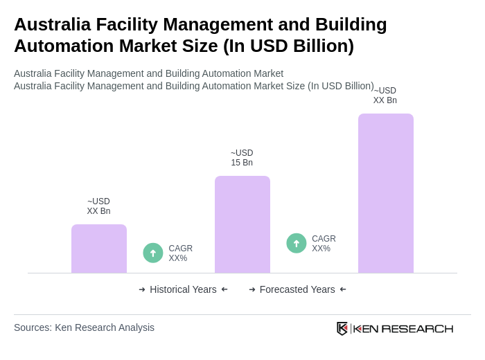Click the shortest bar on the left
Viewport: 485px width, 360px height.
click(99, 249)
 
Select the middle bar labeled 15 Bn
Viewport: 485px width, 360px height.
click(242, 224)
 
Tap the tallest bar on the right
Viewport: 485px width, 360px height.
click(385, 193)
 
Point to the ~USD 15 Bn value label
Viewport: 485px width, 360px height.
click(242, 158)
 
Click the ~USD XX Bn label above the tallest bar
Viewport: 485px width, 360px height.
click(385, 96)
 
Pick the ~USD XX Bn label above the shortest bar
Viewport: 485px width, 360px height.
click(98, 206)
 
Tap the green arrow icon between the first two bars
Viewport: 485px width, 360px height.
click(153, 253)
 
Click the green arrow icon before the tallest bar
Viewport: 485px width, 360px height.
click(297, 243)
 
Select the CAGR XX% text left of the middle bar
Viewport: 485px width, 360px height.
click(180, 253)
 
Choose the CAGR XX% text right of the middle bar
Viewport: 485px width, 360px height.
click(324, 244)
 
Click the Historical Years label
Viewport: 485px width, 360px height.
click(183, 289)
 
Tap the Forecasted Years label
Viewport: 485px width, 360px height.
click(297, 289)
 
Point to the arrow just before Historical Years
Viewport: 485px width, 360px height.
click(142, 289)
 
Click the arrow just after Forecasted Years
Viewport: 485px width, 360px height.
click(343, 289)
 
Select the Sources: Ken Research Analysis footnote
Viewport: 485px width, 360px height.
click(84, 327)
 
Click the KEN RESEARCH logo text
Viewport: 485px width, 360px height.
click(403, 328)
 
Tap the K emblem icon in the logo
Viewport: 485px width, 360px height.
click(342, 328)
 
